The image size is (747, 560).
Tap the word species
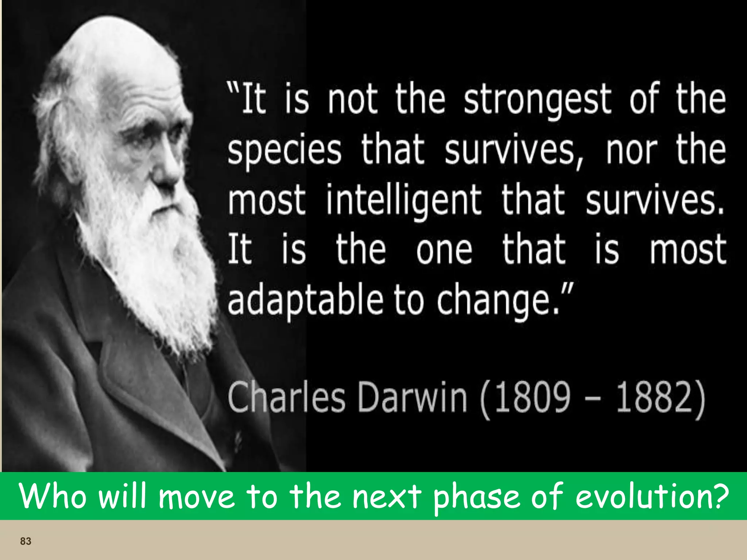(x=285, y=151)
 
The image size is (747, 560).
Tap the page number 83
(x=26, y=541)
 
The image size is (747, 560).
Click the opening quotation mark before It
(x=234, y=87)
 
